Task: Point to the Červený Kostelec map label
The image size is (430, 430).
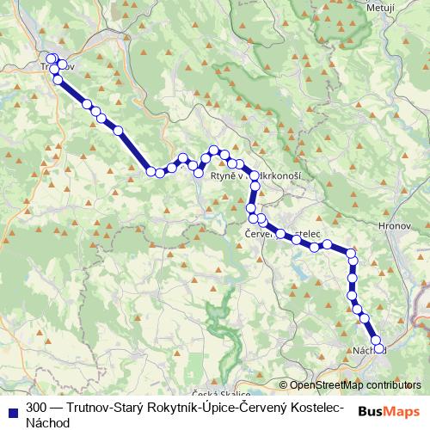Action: click(x=283, y=233)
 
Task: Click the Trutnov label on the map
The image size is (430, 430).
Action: click(x=57, y=66)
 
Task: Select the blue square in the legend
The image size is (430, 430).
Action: click(x=11, y=407)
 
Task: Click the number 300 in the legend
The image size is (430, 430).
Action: click(x=36, y=407)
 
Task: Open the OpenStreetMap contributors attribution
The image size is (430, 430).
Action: click(x=350, y=384)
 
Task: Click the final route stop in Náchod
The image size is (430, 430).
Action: click(x=377, y=348)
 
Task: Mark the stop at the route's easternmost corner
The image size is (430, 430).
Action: click(x=351, y=253)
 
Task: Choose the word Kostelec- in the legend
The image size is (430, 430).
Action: click(x=314, y=407)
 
